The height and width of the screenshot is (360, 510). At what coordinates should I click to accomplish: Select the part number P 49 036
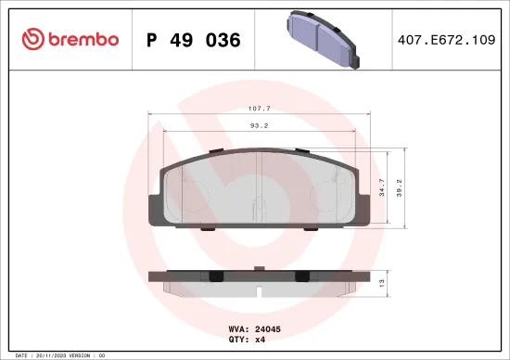tap(194, 41)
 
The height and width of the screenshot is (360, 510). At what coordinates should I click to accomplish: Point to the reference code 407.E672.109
tap(444, 41)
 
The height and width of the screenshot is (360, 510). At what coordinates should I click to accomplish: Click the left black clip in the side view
tap(215, 276)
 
